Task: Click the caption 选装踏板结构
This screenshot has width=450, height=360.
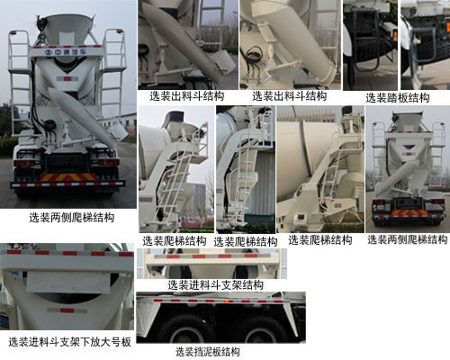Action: point(397,98)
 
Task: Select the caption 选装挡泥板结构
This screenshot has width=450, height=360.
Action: point(208,352)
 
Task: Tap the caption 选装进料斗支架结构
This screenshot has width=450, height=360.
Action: point(215,285)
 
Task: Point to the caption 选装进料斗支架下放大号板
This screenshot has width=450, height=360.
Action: point(69,342)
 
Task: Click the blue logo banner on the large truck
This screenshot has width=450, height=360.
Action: point(67,52)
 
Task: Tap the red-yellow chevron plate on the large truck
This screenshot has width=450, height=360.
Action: point(68,177)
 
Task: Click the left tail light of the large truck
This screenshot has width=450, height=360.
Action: point(24,163)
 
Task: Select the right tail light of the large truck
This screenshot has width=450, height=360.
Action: point(109,162)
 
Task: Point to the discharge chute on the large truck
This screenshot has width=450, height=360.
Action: point(83,115)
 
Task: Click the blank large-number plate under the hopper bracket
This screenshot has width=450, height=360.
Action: point(68,282)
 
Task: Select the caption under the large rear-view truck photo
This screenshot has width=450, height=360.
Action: point(72,218)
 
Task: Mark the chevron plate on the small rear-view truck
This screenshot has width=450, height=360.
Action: point(410,212)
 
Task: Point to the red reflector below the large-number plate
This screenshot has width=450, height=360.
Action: point(67,310)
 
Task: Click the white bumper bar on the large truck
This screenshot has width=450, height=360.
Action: point(67,184)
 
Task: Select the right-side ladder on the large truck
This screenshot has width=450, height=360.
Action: point(114,75)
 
